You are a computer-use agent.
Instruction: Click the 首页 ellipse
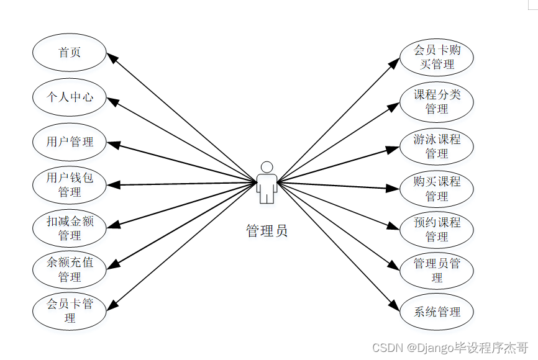pyautogui.click(x=70, y=53)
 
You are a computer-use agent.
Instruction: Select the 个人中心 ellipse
pyautogui.click(x=70, y=97)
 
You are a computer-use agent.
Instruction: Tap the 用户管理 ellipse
pyautogui.click(x=70, y=142)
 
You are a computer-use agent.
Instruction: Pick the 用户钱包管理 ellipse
pyautogui.click(x=70, y=185)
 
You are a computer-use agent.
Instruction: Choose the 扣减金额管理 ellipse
pyautogui.click(x=70, y=228)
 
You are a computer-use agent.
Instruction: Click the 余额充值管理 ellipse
pyautogui.click(x=70, y=269)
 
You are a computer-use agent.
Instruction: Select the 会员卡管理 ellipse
pyautogui.click(x=70, y=311)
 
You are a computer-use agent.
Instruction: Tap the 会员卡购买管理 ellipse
pyautogui.click(x=437, y=56)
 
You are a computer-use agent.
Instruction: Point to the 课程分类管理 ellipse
pyautogui.click(x=437, y=102)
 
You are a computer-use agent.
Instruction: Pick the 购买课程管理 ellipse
pyautogui.click(x=437, y=189)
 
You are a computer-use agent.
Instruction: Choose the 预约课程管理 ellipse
pyautogui.click(x=437, y=229)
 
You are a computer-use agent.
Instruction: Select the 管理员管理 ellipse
pyautogui.click(x=437, y=271)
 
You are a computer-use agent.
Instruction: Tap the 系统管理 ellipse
pyautogui.click(x=437, y=312)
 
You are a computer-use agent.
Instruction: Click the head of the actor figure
pyautogui.click(x=267, y=167)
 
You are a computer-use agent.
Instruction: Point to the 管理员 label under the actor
pyautogui.click(x=267, y=232)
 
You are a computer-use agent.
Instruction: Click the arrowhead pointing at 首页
pyautogui.click(x=112, y=57)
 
